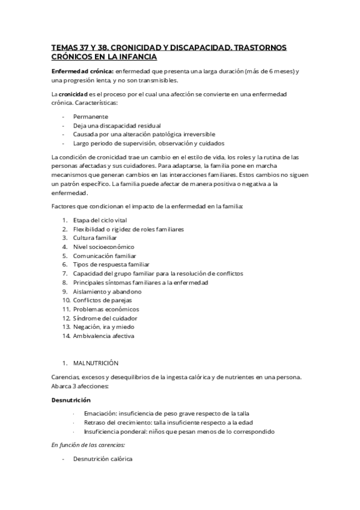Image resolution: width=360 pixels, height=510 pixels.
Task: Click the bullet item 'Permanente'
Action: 91,116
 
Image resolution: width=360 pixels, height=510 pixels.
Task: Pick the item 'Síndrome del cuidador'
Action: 105,318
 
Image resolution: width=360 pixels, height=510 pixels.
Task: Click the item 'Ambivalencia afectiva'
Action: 104,336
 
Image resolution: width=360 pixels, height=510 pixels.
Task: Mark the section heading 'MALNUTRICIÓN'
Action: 96,363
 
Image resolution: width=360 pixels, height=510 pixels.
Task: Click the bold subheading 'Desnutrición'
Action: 70,399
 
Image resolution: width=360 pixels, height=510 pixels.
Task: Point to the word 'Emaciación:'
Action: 103,414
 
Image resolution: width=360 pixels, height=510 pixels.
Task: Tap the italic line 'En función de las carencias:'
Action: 88,444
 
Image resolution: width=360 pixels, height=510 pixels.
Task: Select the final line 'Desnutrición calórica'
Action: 103,459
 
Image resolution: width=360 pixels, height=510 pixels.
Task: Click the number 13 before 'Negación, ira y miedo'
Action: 66,327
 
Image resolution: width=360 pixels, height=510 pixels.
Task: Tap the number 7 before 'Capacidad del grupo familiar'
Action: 64,274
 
